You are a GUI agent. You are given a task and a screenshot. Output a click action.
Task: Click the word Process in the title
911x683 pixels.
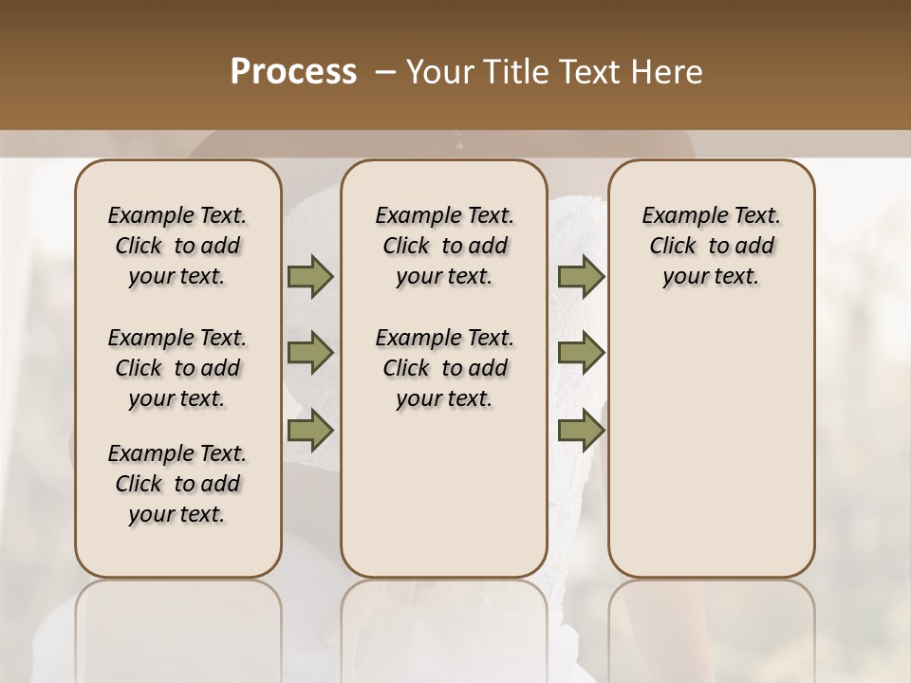[x=293, y=71]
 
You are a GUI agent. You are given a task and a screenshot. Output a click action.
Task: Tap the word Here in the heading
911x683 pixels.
[x=666, y=71]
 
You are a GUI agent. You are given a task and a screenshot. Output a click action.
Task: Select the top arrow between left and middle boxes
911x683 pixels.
[x=310, y=277]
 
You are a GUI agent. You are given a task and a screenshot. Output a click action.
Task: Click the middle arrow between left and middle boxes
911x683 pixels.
[x=310, y=353]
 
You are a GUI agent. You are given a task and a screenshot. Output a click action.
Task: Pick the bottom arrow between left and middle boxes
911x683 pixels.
[x=310, y=431]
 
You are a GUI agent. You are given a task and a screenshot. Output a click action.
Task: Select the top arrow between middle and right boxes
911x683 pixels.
[x=581, y=277]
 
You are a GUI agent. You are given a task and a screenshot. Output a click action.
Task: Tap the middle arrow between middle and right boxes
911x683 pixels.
[x=581, y=353]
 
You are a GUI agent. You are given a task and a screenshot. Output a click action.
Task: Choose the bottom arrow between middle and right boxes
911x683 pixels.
[x=581, y=431]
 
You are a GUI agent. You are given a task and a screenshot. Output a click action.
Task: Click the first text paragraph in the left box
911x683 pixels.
[x=177, y=246]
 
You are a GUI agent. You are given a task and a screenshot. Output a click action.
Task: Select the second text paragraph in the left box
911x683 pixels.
[x=177, y=368]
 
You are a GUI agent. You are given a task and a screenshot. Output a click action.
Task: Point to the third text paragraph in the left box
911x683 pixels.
[x=177, y=484]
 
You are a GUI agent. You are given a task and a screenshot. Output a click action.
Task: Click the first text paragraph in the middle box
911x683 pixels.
[x=444, y=246]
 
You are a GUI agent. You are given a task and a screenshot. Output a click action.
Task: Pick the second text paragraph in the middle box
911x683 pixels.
[x=444, y=368]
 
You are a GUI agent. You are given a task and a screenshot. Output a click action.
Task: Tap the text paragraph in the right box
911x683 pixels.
[x=711, y=246]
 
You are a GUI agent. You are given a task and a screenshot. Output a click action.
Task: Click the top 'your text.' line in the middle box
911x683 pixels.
[x=444, y=277]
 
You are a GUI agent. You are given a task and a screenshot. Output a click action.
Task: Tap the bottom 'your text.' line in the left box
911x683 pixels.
[x=177, y=515]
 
